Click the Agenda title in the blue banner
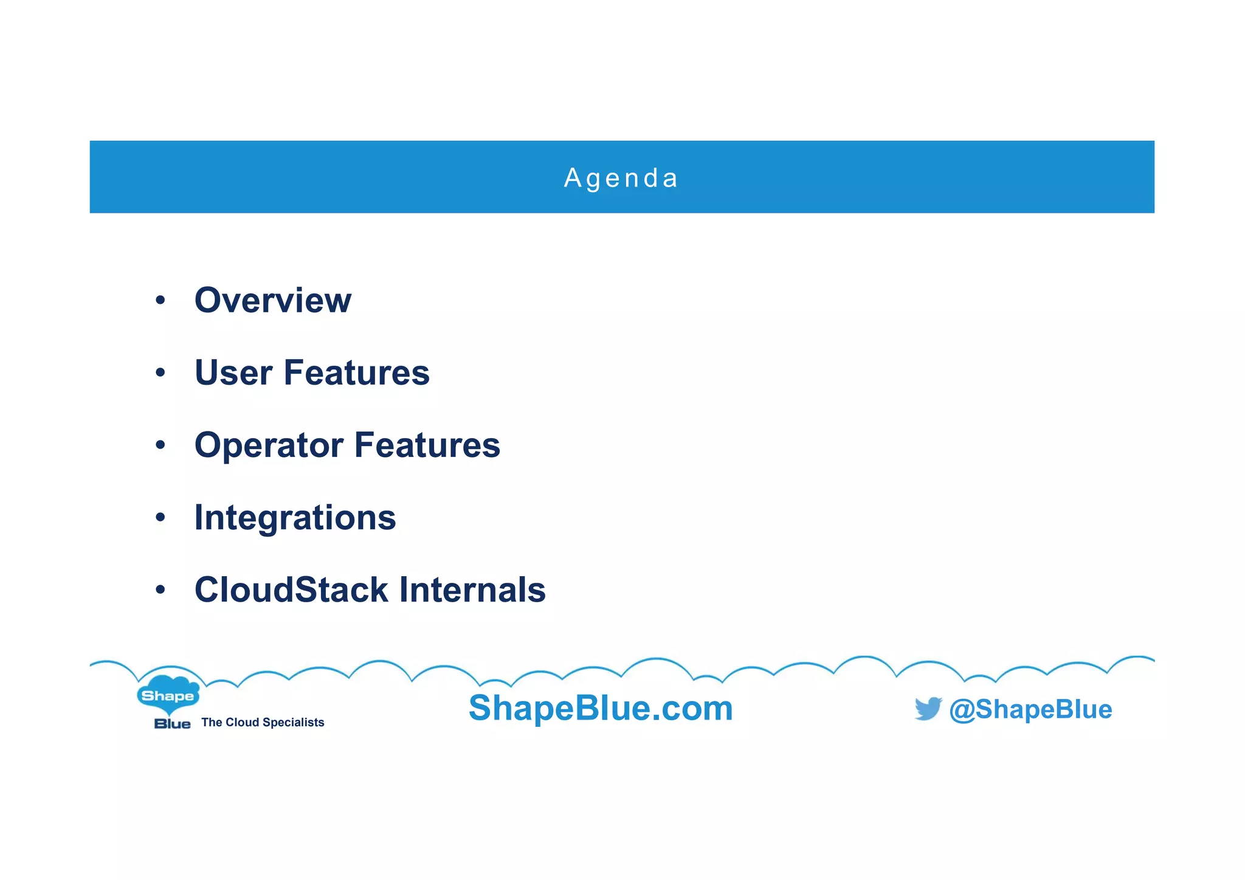pyautogui.click(x=621, y=178)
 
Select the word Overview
pyautogui.click(x=272, y=300)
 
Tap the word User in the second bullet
pyautogui.click(x=233, y=373)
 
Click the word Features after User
pyautogui.click(x=356, y=373)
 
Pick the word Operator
pyautogui.click(x=269, y=445)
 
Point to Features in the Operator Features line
pyautogui.click(x=427, y=445)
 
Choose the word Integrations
pyautogui.click(x=295, y=518)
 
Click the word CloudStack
pyautogui.click(x=291, y=590)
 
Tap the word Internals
pyautogui.click(x=472, y=590)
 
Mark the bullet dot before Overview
pyautogui.click(x=160, y=300)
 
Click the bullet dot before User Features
pyautogui.click(x=160, y=373)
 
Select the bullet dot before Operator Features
pyautogui.click(x=160, y=445)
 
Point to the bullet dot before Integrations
pyautogui.click(x=160, y=517)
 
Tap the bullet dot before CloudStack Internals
pyautogui.click(x=160, y=590)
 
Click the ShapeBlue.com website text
pyautogui.click(x=601, y=708)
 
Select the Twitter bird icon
pyautogui.click(x=928, y=708)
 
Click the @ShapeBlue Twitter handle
pyautogui.click(x=1030, y=709)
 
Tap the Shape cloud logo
pyautogui.click(x=168, y=694)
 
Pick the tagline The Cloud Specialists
pyautogui.click(x=263, y=723)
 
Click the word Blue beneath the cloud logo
pyautogui.click(x=172, y=724)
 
